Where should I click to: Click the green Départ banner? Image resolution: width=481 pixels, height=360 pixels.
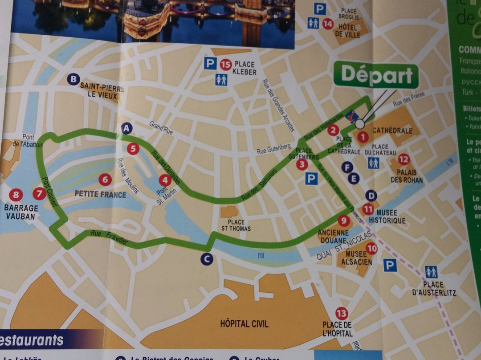coord(376,76)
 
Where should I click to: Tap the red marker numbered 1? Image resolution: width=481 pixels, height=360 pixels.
coord(363,137)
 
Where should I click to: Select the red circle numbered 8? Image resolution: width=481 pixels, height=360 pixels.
coord(16,195)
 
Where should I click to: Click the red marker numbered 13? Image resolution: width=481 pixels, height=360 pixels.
coord(342,313)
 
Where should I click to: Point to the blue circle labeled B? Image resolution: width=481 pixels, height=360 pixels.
coord(73,79)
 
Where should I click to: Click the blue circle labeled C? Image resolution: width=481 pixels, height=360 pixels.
coord(206,259)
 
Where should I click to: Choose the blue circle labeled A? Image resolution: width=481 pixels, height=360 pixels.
coord(127,129)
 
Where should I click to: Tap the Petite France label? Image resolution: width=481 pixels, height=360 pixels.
coord(100,194)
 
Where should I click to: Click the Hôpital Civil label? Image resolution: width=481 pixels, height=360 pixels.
coord(244,324)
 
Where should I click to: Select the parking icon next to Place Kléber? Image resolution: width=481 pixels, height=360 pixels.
coord(210,63)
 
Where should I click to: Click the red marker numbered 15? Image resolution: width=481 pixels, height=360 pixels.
coord(226,65)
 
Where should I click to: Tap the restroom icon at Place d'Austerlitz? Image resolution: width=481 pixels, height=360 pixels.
coord(431,271)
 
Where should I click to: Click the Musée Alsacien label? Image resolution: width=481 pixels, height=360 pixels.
coord(356,258)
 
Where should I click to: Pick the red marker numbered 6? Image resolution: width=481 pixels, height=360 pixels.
coord(105,180)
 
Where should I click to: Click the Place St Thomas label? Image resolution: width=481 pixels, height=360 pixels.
coord(236,225)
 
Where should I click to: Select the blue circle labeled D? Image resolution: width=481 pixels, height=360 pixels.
coord(371,196)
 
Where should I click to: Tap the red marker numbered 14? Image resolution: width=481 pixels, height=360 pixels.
coord(328,23)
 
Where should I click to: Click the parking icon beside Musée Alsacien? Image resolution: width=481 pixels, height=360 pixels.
coord(390,266)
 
